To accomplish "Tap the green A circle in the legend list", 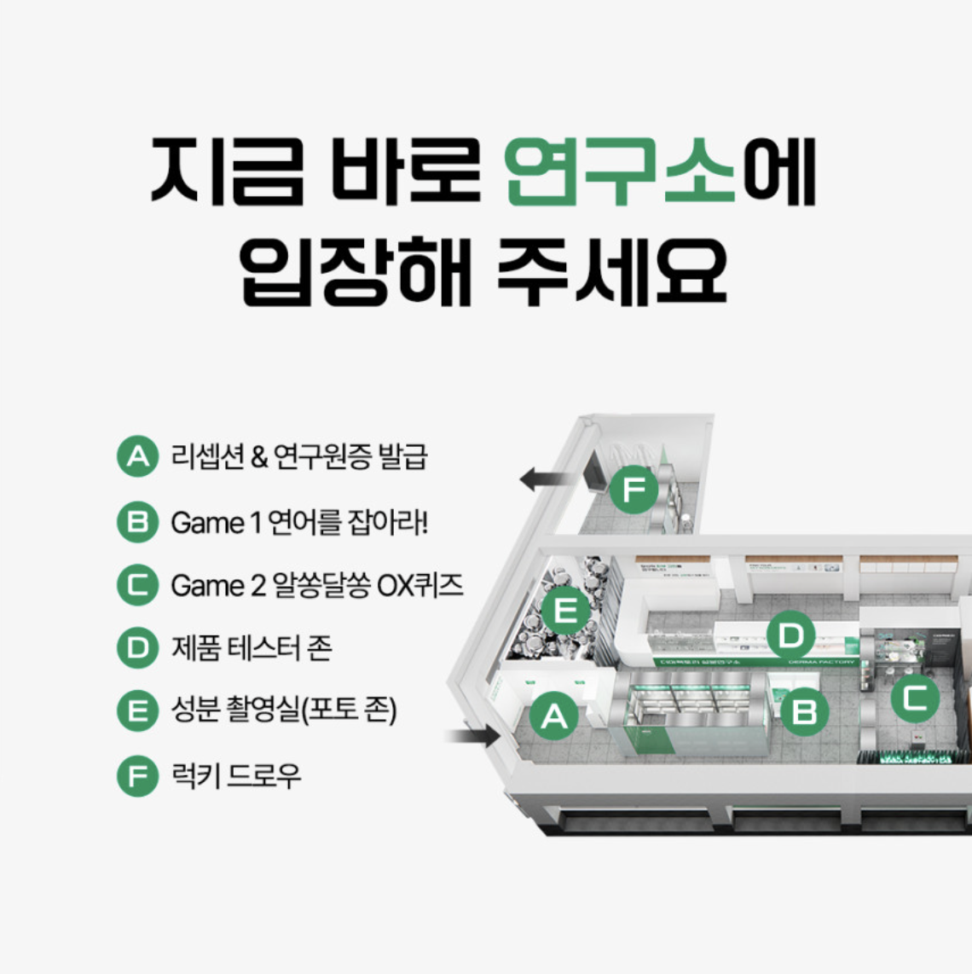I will click(x=137, y=457).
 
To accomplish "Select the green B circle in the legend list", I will click(x=137, y=521).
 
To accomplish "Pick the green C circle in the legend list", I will click(x=137, y=585).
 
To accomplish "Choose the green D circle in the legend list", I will click(x=137, y=648).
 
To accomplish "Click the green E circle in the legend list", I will click(x=137, y=711).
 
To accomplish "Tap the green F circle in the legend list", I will click(x=137, y=776).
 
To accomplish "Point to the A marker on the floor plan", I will click(x=554, y=716).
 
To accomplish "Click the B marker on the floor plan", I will click(x=804, y=710).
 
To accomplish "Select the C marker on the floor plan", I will click(x=915, y=699).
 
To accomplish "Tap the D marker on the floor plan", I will click(x=790, y=635).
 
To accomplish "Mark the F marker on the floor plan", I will click(x=634, y=490).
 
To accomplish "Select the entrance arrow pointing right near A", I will click(x=474, y=734).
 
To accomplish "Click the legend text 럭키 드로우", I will click(x=236, y=776).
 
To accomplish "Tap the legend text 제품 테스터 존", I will click(x=252, y=648).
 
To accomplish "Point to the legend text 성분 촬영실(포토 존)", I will click(x=284, y=711).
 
